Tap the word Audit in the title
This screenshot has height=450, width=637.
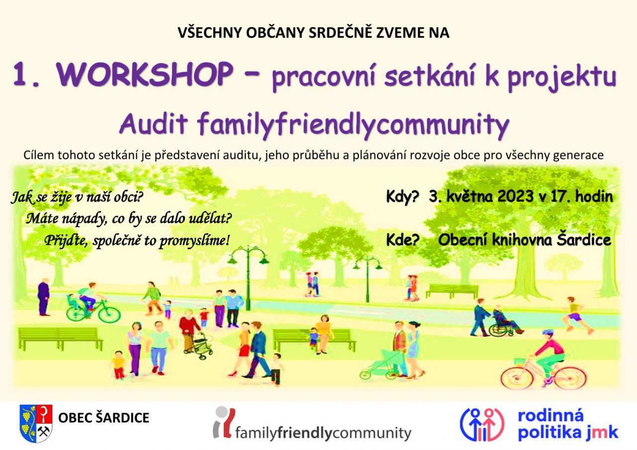[x=154, y=124]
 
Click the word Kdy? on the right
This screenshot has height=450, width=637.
[x=403, y=197]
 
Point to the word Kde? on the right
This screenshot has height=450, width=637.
[x=403, y=240]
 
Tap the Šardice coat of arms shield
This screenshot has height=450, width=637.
[x=36, y=423]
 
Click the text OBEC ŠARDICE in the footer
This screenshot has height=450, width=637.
[x=104, y=418]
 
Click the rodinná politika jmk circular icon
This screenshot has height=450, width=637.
[x=482, y=425]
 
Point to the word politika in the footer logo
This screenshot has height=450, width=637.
[x=549, y=433]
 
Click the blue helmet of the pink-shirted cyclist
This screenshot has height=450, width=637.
[x=548, y=333]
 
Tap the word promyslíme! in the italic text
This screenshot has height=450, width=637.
[x=194, y=241]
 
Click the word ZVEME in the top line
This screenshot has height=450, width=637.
[x=396, y=33]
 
